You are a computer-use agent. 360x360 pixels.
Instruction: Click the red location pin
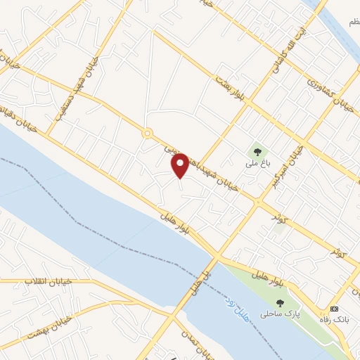point(181,165)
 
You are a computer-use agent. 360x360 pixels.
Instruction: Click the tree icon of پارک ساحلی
point(281,303)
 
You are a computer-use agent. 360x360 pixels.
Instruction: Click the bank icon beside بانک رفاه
point(334,309)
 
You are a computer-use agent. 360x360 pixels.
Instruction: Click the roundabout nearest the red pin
point(148,133)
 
